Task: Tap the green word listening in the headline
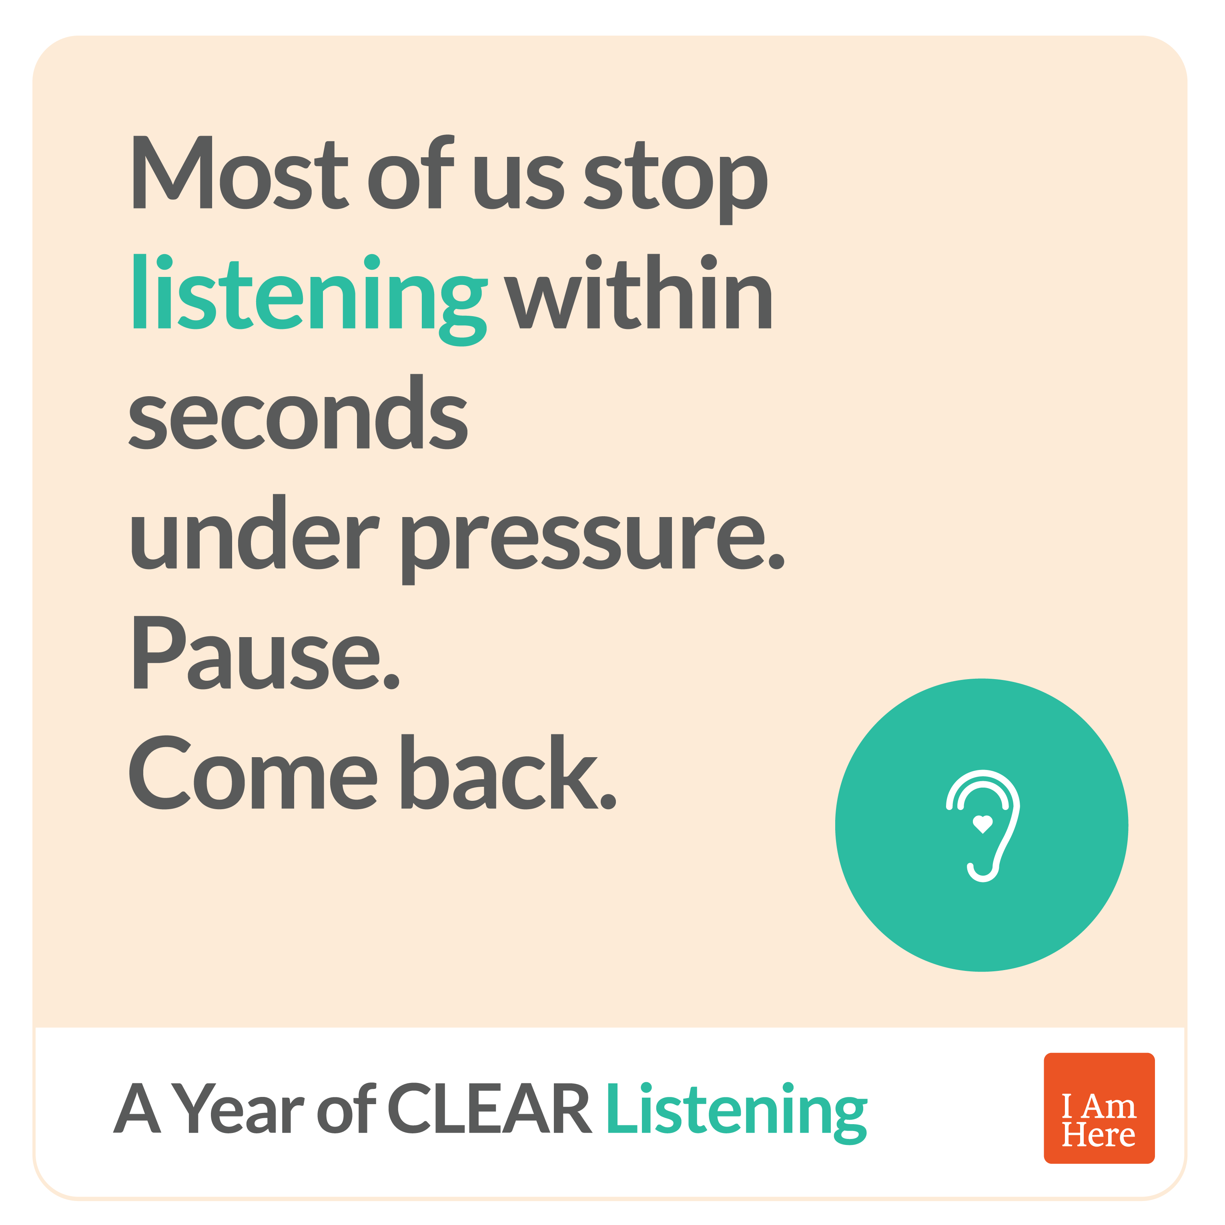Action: tap(309, 299)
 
